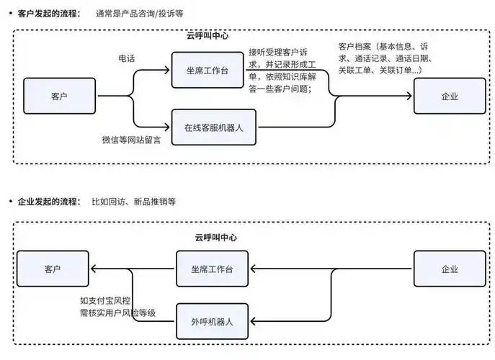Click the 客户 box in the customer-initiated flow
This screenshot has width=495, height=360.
(x=60, y=96)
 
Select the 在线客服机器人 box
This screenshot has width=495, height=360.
(x=214, y=127)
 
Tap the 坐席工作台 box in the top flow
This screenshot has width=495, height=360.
(x=214, y=70)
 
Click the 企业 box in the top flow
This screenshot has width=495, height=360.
(x=449, y=96)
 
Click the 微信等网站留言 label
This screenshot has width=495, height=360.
(x=131, y=140)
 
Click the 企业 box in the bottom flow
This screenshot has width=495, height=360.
(x=449, y=269)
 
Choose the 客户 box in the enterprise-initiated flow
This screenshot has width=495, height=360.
(x=53, y=269)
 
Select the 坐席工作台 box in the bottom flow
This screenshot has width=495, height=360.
(x=212, y=269)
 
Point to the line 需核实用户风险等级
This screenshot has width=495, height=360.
(x=118, y=313)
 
